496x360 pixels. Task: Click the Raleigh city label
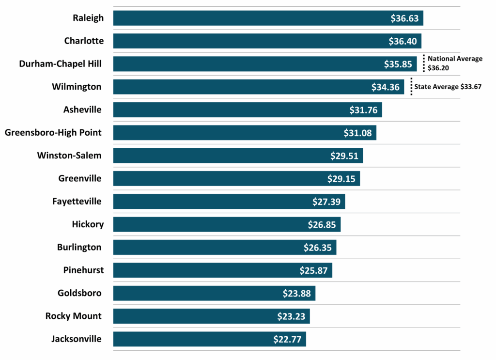[88, 18]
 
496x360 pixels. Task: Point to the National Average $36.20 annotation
[455, 63]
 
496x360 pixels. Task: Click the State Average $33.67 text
[448, 87]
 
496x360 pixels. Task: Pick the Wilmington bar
[242, 87]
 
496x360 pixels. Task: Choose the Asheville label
[82, 110]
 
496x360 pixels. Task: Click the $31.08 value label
[357, 133]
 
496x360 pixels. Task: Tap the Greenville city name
[80, 178]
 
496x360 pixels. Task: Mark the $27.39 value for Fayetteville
[326, 202]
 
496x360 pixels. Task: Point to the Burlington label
[79, 247]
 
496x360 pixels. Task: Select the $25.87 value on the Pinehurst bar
[314, 270]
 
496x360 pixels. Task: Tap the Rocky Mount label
[74, 316]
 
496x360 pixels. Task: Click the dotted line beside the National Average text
[423, 63]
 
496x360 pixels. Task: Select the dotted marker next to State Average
[411, 86]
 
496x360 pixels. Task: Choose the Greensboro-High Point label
[53, 132]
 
